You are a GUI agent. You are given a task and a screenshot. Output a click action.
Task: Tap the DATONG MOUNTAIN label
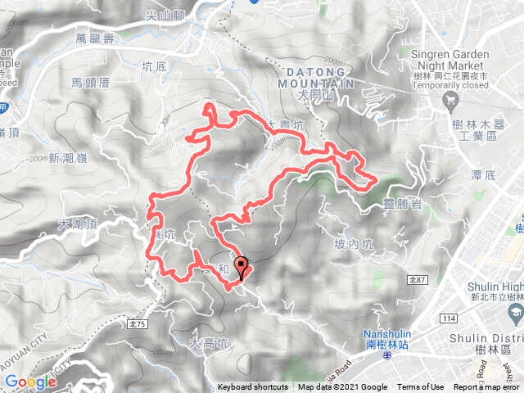(315, 78)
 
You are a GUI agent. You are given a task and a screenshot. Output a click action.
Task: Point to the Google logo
(29, 382)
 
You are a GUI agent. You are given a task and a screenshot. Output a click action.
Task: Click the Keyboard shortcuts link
(252, 387)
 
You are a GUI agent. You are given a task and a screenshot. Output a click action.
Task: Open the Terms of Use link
(421, 387)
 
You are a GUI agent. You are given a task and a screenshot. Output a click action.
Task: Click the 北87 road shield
(418, 280)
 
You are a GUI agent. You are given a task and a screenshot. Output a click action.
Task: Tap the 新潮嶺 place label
(65, 158)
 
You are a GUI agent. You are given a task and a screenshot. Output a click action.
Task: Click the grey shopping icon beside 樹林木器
(450, 101)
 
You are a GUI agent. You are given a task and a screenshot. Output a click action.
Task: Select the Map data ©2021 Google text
(342, 387)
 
